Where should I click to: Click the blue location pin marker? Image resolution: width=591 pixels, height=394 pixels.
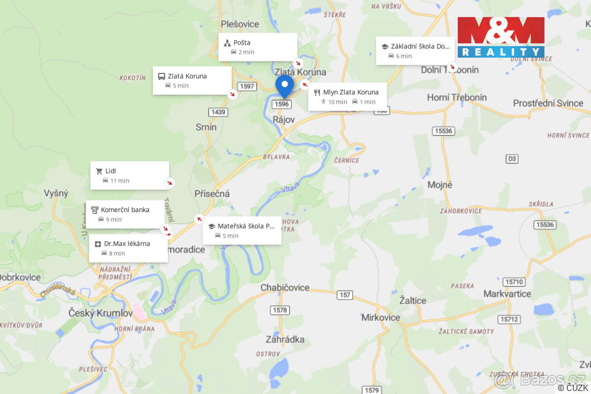284,85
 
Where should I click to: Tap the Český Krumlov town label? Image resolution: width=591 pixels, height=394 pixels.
100,313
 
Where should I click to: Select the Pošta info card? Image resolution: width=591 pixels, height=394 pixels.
258,47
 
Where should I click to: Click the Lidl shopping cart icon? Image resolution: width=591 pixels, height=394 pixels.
99,171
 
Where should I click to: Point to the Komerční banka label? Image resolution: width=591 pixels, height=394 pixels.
125,210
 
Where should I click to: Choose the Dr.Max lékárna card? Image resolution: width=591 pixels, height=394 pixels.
128,248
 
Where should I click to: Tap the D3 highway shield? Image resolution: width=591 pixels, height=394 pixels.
512,159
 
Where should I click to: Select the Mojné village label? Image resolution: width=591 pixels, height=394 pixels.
440,185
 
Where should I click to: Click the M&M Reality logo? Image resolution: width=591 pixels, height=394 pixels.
501,37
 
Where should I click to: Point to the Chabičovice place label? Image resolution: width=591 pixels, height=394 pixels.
285,288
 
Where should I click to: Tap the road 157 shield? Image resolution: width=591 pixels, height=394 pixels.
345,295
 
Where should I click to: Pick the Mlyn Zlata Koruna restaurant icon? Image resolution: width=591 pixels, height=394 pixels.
317,92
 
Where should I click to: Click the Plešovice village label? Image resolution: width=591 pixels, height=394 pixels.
240,24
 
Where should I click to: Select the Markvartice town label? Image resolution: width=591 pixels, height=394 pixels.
507,294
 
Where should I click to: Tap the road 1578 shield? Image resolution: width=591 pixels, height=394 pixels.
279,310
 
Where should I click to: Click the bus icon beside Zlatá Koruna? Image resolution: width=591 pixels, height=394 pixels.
161,76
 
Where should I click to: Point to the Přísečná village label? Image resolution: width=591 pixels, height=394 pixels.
212,194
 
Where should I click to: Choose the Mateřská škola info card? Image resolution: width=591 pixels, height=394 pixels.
242,230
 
